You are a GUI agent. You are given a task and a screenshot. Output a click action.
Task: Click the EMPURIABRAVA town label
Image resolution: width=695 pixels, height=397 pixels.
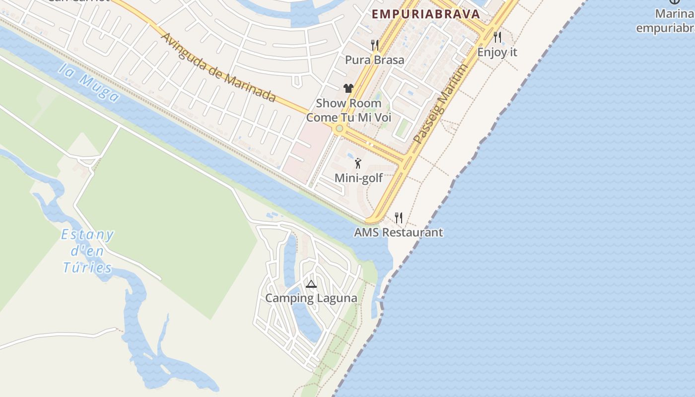426,14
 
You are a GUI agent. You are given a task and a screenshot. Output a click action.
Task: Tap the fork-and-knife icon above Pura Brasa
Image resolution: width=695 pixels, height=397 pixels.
375,45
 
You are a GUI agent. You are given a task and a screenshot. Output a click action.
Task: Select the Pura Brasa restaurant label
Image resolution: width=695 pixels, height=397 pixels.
375,60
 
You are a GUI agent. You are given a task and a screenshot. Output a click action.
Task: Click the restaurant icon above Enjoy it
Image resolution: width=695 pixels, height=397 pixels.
497,37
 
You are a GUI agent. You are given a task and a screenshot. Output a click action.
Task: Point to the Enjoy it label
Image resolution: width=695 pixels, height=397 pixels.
497,52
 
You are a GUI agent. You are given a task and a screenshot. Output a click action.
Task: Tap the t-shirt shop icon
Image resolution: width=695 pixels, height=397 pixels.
348,88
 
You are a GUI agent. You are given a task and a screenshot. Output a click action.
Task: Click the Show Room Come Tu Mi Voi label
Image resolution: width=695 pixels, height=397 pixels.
348,110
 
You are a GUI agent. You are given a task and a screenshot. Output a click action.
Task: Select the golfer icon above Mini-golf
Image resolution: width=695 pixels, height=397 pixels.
358,163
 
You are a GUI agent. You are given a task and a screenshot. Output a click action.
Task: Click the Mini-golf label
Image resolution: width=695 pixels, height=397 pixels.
358,178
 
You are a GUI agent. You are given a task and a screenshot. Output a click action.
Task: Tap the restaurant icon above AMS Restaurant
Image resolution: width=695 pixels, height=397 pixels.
399,217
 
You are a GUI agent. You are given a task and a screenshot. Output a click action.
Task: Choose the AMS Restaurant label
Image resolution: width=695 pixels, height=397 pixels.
398,232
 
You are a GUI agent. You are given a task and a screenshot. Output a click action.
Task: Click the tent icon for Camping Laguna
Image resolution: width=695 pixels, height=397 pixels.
311,284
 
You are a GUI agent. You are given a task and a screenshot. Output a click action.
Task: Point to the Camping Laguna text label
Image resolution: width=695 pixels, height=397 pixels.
311,298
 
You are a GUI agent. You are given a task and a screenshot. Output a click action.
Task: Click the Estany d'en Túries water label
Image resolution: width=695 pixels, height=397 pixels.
87,251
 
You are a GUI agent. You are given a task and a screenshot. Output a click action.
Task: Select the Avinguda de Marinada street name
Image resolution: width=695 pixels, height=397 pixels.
218,67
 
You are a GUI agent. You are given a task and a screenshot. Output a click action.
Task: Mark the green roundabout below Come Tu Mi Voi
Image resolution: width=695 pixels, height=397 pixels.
339,129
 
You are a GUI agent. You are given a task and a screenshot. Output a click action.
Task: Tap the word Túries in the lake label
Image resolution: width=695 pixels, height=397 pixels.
87,268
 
